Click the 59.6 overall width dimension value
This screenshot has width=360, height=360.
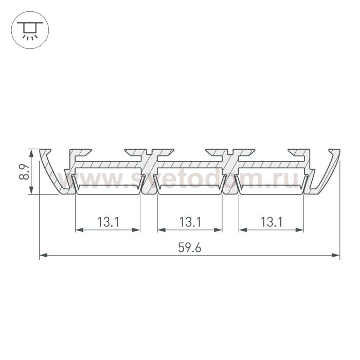[190, 248]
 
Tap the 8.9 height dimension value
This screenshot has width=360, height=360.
[24, 172]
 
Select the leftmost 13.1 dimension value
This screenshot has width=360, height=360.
[108, 222]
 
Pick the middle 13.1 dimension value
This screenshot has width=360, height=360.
[190, 222]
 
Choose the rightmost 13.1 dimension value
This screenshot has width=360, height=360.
[272, 222]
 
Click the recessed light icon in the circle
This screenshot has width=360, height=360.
[30, 30]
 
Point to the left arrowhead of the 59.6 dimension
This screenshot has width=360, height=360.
[43, 255]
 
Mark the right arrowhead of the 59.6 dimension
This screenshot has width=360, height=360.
[336, 255]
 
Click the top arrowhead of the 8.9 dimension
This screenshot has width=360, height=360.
[31, 153]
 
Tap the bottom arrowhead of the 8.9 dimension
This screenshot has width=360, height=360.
[31, 191]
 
